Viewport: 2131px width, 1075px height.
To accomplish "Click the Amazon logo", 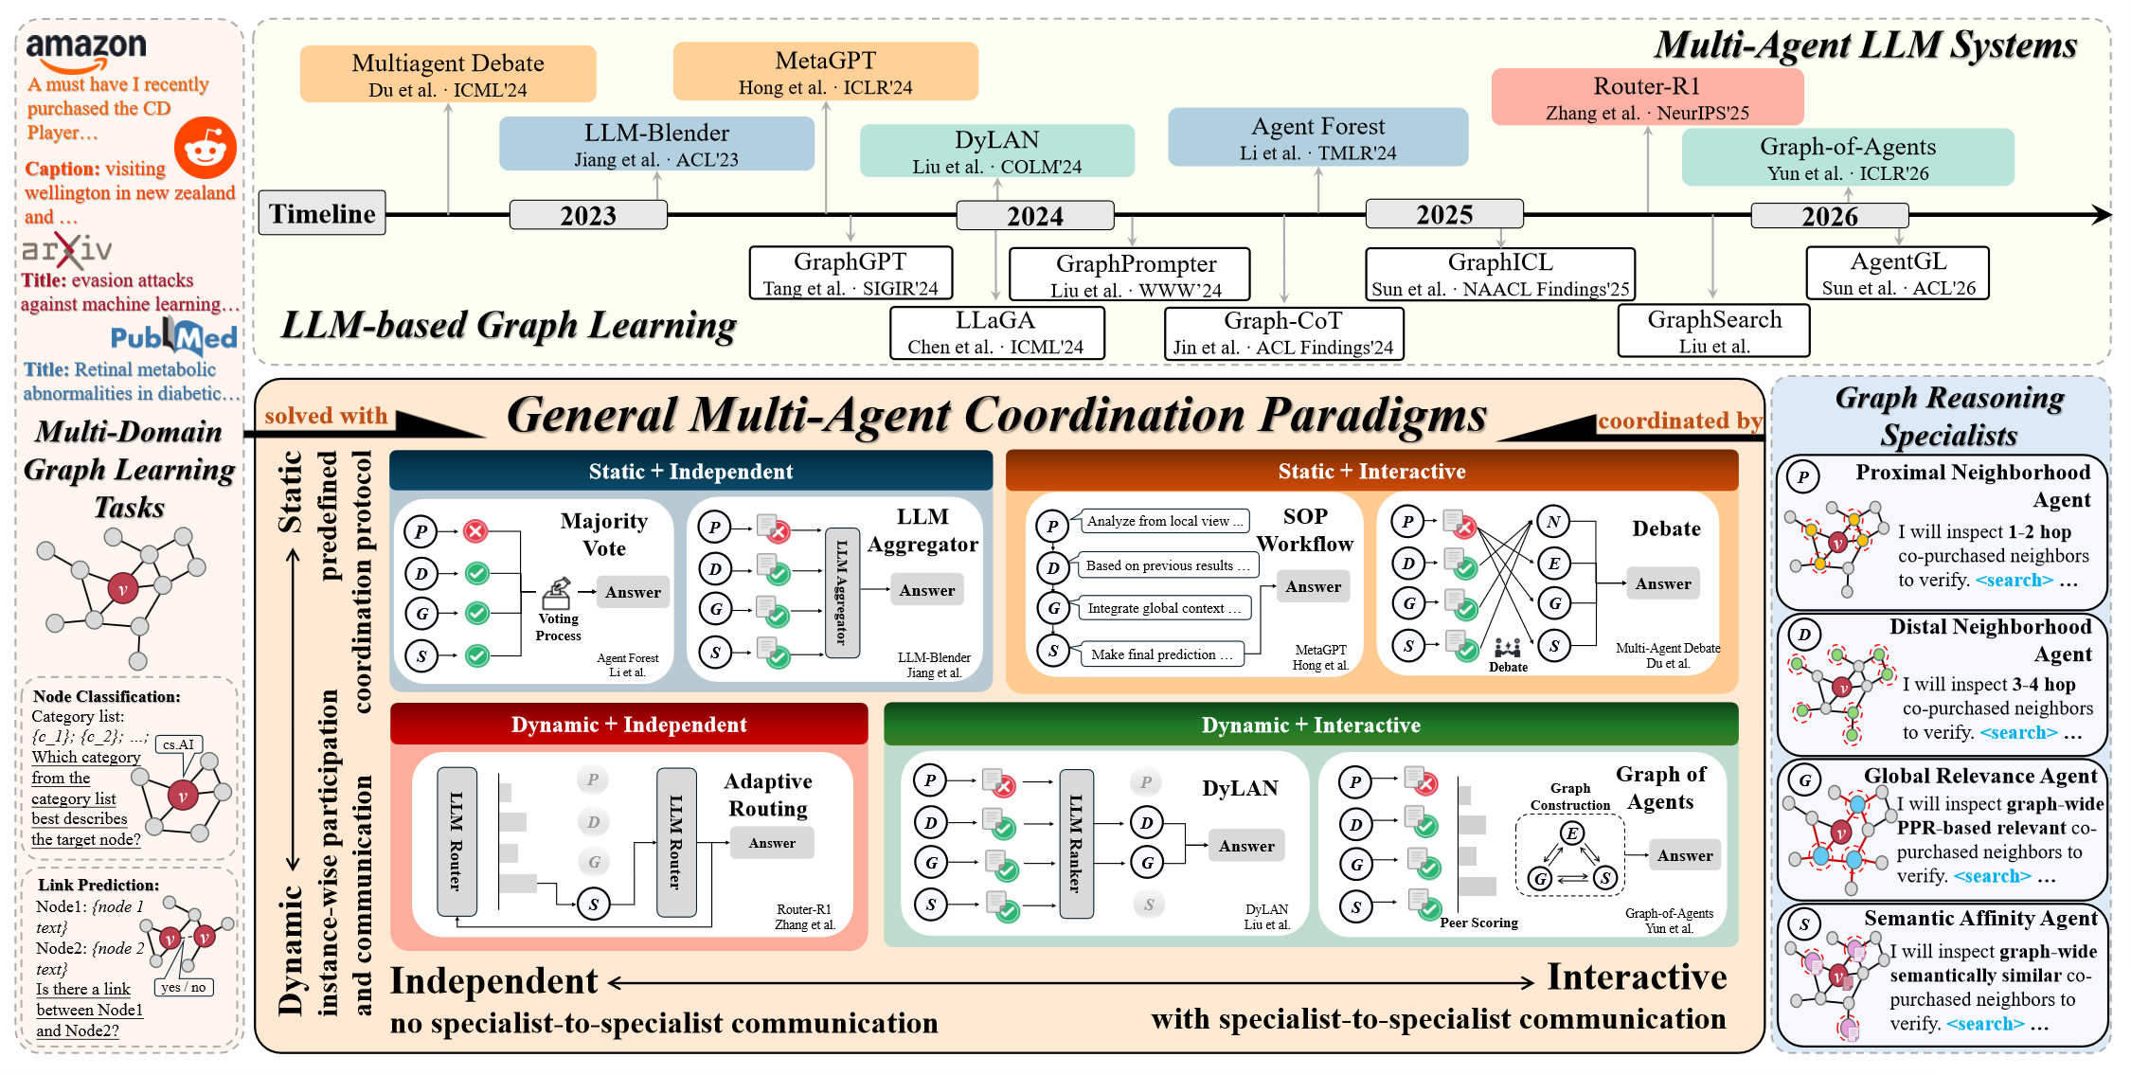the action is [85, 51].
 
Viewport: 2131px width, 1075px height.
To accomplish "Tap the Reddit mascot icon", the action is [205, 148].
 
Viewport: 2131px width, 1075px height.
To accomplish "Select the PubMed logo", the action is [174, 337].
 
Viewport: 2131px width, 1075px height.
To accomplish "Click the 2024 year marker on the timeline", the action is [1034, 216].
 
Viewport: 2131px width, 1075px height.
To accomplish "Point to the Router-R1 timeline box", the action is [1647, 98].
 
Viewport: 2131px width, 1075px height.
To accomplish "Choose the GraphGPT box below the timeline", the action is [851, 273].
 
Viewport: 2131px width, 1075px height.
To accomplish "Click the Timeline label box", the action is [322, 214].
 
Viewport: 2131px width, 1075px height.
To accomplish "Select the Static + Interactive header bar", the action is [1371, 471].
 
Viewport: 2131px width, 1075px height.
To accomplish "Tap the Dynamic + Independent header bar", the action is [629, 725].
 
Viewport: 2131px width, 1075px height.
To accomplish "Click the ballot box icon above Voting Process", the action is [557, 594].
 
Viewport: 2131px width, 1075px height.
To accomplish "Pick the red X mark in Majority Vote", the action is [476, 531].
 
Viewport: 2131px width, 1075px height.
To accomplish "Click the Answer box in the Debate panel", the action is [1663, 583].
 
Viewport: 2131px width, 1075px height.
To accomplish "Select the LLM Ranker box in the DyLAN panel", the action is [1076, 844].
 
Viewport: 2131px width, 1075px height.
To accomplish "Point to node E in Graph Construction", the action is [1571, 833].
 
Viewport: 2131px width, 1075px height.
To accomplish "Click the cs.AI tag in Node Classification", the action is [179, 744].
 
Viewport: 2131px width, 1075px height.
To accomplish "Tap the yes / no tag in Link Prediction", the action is [184, 987].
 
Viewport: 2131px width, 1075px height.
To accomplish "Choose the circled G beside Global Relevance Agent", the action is [1805, 780].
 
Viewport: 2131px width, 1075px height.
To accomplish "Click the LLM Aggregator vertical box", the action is [842, 593].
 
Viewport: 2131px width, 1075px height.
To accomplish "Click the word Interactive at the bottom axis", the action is [1637, 977].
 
